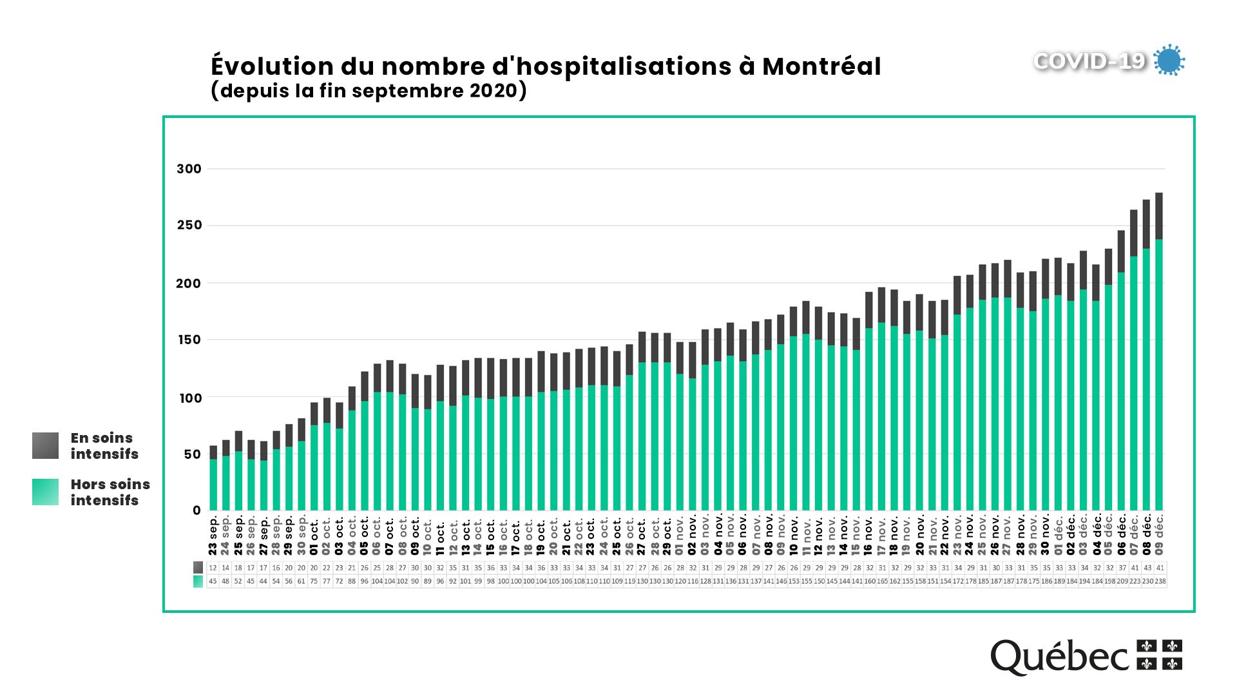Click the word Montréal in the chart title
[x=821, y=66]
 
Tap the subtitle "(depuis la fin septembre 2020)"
[x=369, y=90]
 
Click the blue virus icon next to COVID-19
[x=1169, y=61]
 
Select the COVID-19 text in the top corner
[x=1089, y=61]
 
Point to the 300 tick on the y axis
[x=189, y=169]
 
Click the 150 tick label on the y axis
[x=189, y=340]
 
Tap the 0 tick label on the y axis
[x=197, y=510]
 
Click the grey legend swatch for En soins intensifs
[x=45, y=445]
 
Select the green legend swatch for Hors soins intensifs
[x=45, y=492]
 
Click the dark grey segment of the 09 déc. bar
[x=1159, y=216]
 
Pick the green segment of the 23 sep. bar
[x=213, y=485]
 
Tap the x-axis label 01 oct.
[x=314, y=536]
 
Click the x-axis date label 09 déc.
[x=1159, y=534]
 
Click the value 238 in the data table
[x=1160, y=581]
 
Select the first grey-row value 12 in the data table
[x=213, y=568]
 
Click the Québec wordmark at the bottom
[x=1059, y=657]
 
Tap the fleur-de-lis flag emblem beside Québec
[x=1159, y=654]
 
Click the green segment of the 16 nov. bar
[x=869, y=419]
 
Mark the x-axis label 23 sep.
[x=213, y=536]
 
